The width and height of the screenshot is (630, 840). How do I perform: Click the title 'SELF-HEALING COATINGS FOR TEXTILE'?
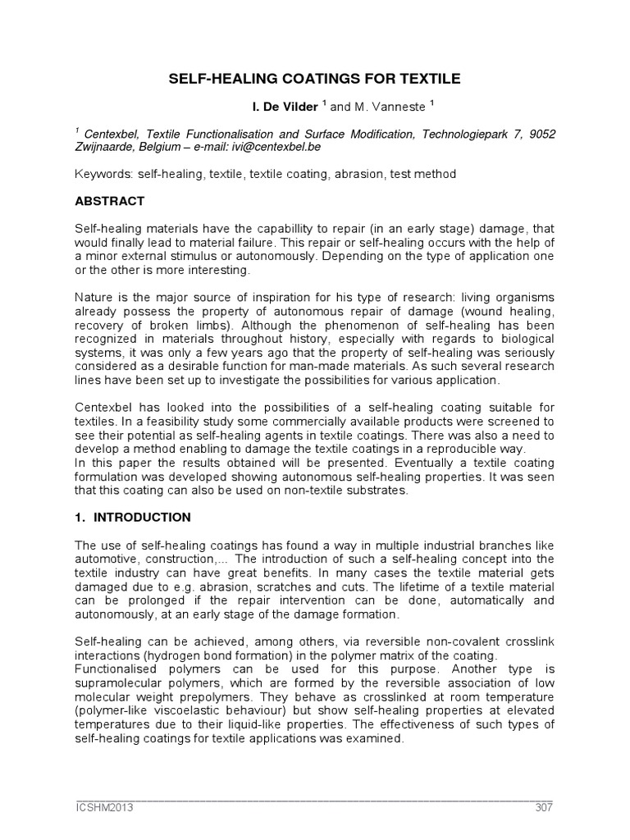(x=314, y=79)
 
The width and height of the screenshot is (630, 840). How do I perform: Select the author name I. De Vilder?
(x=276, y=107)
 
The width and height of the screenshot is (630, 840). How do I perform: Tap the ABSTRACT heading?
(x=110, y=201)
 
